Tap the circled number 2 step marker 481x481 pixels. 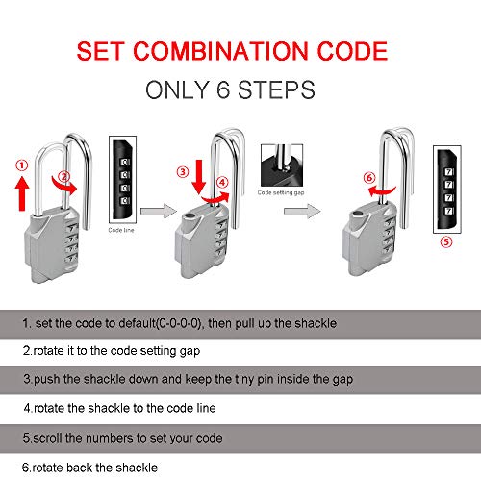click(64, 176)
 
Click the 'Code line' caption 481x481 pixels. click(121, 232)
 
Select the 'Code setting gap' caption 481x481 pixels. click(279, 192)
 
